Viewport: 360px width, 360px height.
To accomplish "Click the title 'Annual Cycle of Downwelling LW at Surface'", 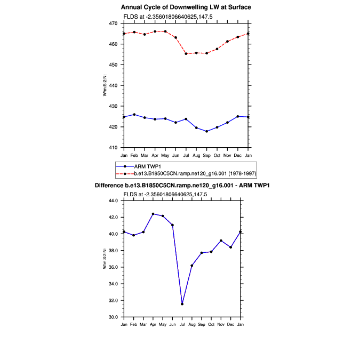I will coord(186,7).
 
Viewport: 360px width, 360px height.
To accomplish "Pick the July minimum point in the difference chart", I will coord(182,304).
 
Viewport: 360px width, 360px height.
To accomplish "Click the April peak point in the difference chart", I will coord(153,214).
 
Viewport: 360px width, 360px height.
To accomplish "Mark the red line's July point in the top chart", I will coord(186,53).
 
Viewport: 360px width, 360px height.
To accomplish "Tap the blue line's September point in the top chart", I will coord(207,131).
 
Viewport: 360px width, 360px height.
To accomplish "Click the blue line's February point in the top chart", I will coord(134,115).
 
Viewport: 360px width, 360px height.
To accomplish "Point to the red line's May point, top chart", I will coord(165,31).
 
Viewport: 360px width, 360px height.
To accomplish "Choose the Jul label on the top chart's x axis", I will coord(186,155).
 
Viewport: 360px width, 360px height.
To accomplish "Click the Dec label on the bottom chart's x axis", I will coord(231,324).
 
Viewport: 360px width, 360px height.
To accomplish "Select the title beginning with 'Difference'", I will coord(182,186).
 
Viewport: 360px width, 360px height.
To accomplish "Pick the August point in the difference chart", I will coord(192,266).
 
